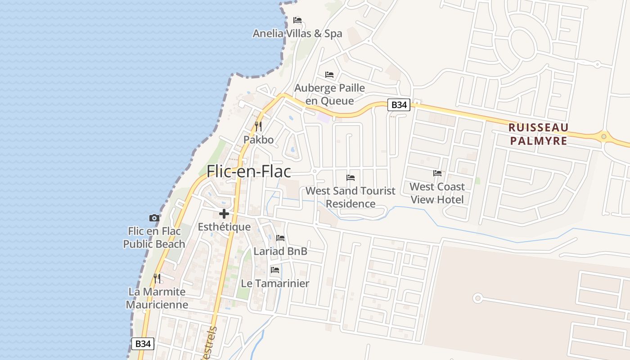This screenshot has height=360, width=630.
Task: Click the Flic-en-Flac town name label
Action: [248, 171]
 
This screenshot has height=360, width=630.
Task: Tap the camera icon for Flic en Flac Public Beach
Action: [154, 218]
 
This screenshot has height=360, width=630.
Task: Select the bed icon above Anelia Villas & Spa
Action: [297, 20]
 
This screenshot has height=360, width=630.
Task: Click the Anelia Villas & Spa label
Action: [297, 33]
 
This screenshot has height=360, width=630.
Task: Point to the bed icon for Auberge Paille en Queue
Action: [329, 74]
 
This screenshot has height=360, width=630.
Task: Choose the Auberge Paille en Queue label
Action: [329, 94]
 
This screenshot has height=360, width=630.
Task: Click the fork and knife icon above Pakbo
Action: [258, 126]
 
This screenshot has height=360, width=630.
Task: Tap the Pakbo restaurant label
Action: [258, 140]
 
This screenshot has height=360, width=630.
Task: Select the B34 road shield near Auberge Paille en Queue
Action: [399, 105]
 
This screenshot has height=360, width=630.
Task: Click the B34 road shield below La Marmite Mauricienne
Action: [143, 344]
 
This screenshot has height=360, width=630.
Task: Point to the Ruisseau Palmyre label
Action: [538, 134]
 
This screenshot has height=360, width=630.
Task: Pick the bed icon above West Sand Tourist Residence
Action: [351, 178]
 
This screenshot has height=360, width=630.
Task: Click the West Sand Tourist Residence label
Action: [351, 197]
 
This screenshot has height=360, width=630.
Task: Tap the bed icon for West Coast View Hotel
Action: [437, 173]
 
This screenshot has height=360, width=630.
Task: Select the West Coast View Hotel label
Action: [437, 193]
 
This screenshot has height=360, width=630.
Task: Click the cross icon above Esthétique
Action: [224, 214]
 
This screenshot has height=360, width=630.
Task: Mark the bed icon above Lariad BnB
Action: [280, 238]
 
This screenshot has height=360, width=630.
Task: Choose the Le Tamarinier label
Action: [275, 283]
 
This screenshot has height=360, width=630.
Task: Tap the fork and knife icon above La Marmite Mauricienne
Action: [157, 279]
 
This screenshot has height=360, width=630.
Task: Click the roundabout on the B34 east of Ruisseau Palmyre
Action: [603, 136]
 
